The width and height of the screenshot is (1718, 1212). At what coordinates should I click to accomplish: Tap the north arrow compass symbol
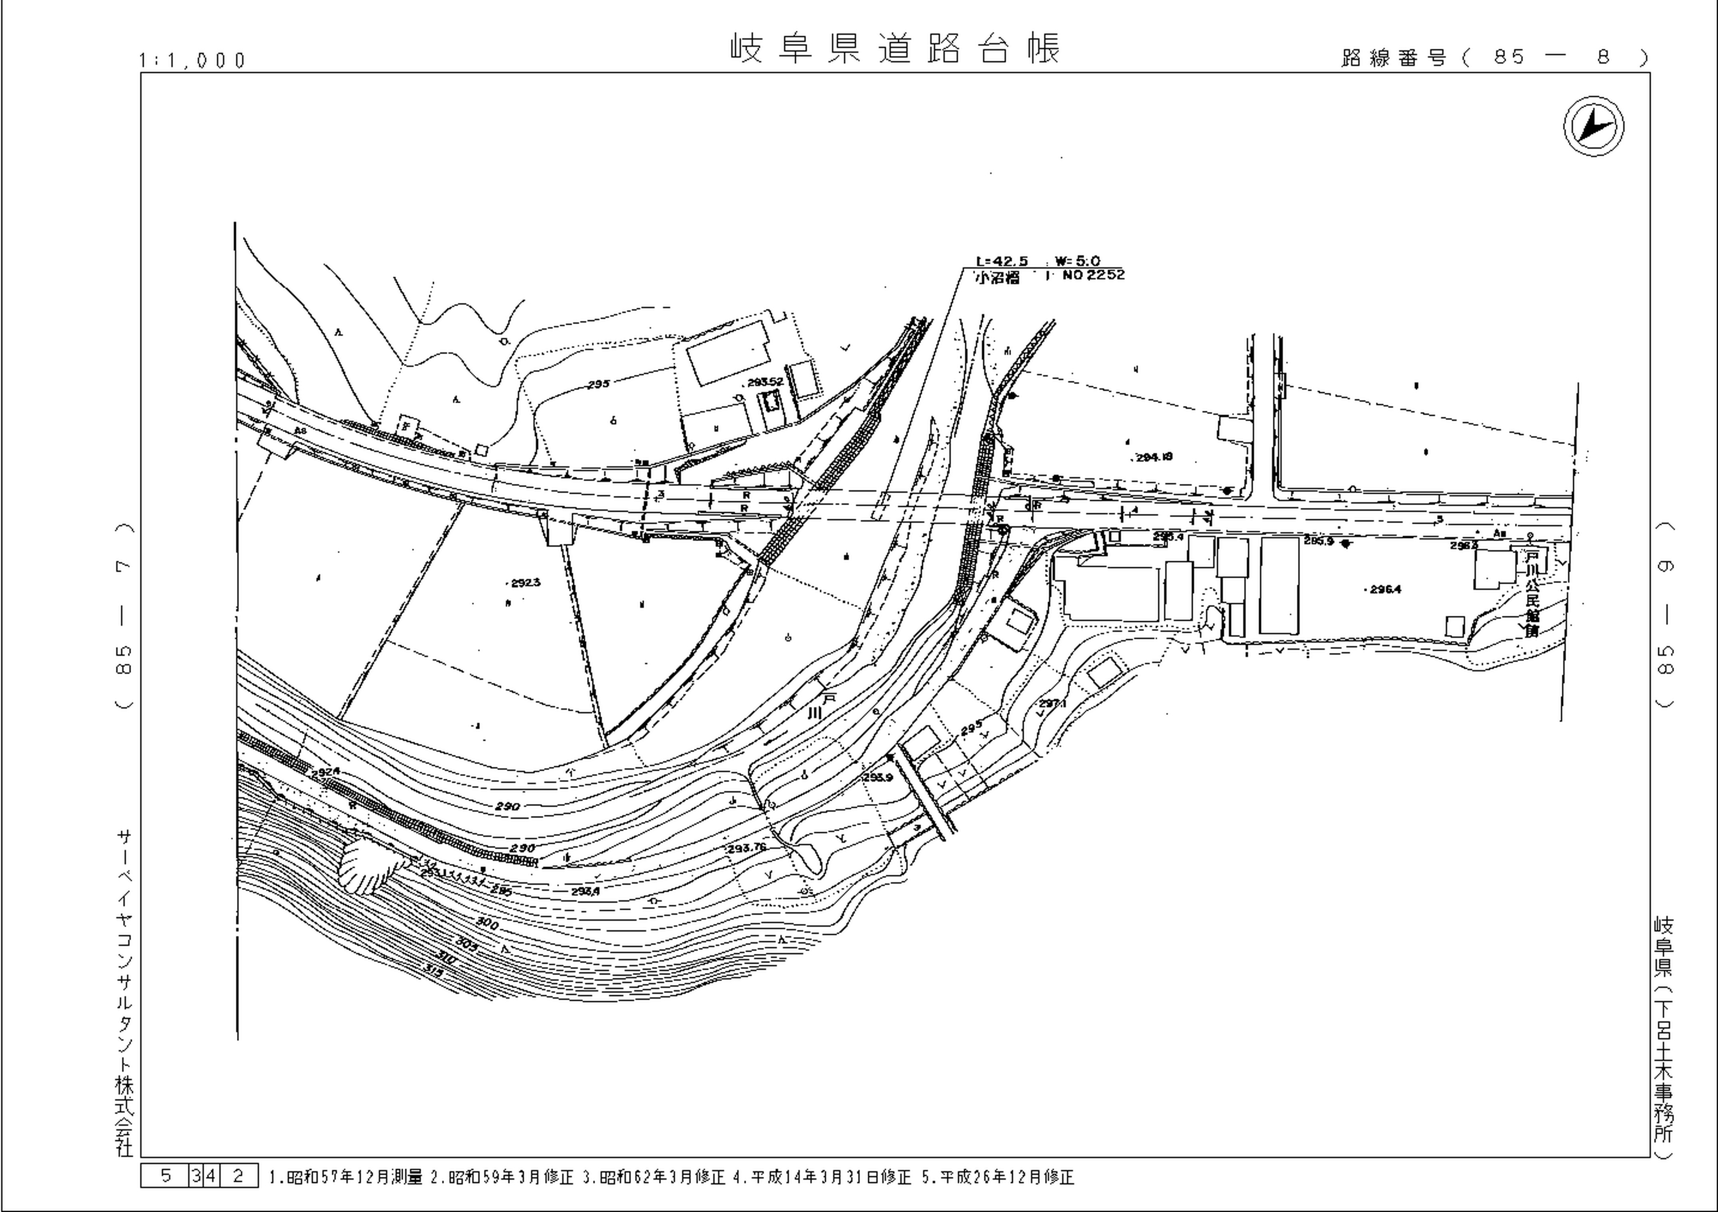coord(1594,126)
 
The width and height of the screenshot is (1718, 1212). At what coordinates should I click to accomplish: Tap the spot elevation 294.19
coord(1154,456)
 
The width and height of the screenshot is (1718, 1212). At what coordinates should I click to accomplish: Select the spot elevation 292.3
coord(525,582)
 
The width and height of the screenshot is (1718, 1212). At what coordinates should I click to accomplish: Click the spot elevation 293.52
coord(765,382)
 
